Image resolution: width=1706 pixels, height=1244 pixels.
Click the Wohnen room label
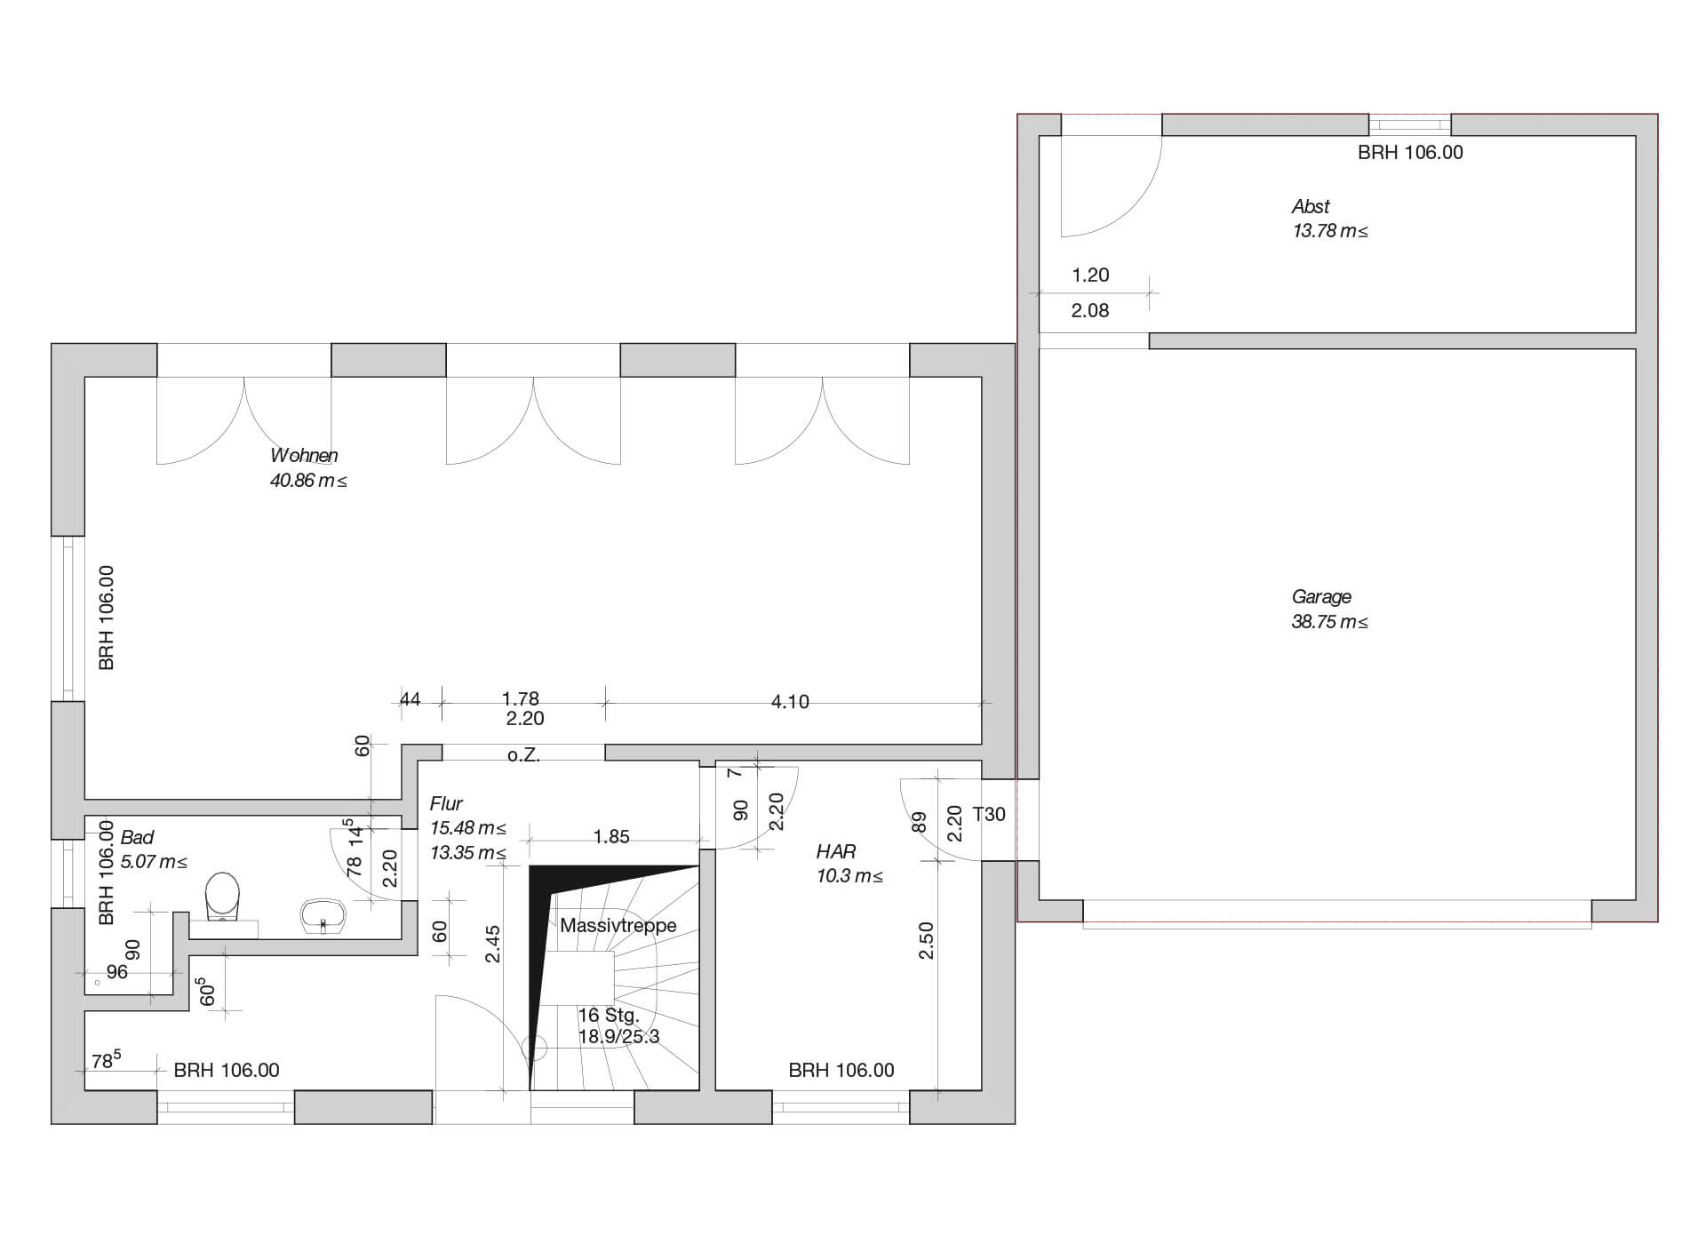304,456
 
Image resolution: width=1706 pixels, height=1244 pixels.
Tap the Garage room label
1321,597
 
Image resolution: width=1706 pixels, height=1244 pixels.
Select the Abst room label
1311,207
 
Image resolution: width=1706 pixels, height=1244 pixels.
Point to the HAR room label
835,852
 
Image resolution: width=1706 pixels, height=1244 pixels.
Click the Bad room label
137,838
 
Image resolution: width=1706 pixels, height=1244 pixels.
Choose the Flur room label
446,804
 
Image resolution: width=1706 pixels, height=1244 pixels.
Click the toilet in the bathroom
222,897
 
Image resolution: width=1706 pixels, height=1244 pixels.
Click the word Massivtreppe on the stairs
618,926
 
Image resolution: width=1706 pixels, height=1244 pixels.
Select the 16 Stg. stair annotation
608,1016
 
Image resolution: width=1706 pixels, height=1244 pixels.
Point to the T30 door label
989,815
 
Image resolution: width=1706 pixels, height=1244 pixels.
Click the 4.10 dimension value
790,703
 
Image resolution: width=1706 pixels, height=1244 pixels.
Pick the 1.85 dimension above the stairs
611,837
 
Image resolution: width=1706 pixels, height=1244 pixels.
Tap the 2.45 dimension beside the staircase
493,944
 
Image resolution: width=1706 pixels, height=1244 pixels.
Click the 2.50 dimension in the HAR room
927,940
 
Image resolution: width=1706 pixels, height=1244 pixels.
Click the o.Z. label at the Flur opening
523,756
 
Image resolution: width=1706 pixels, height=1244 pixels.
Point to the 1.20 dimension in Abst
1090,275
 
